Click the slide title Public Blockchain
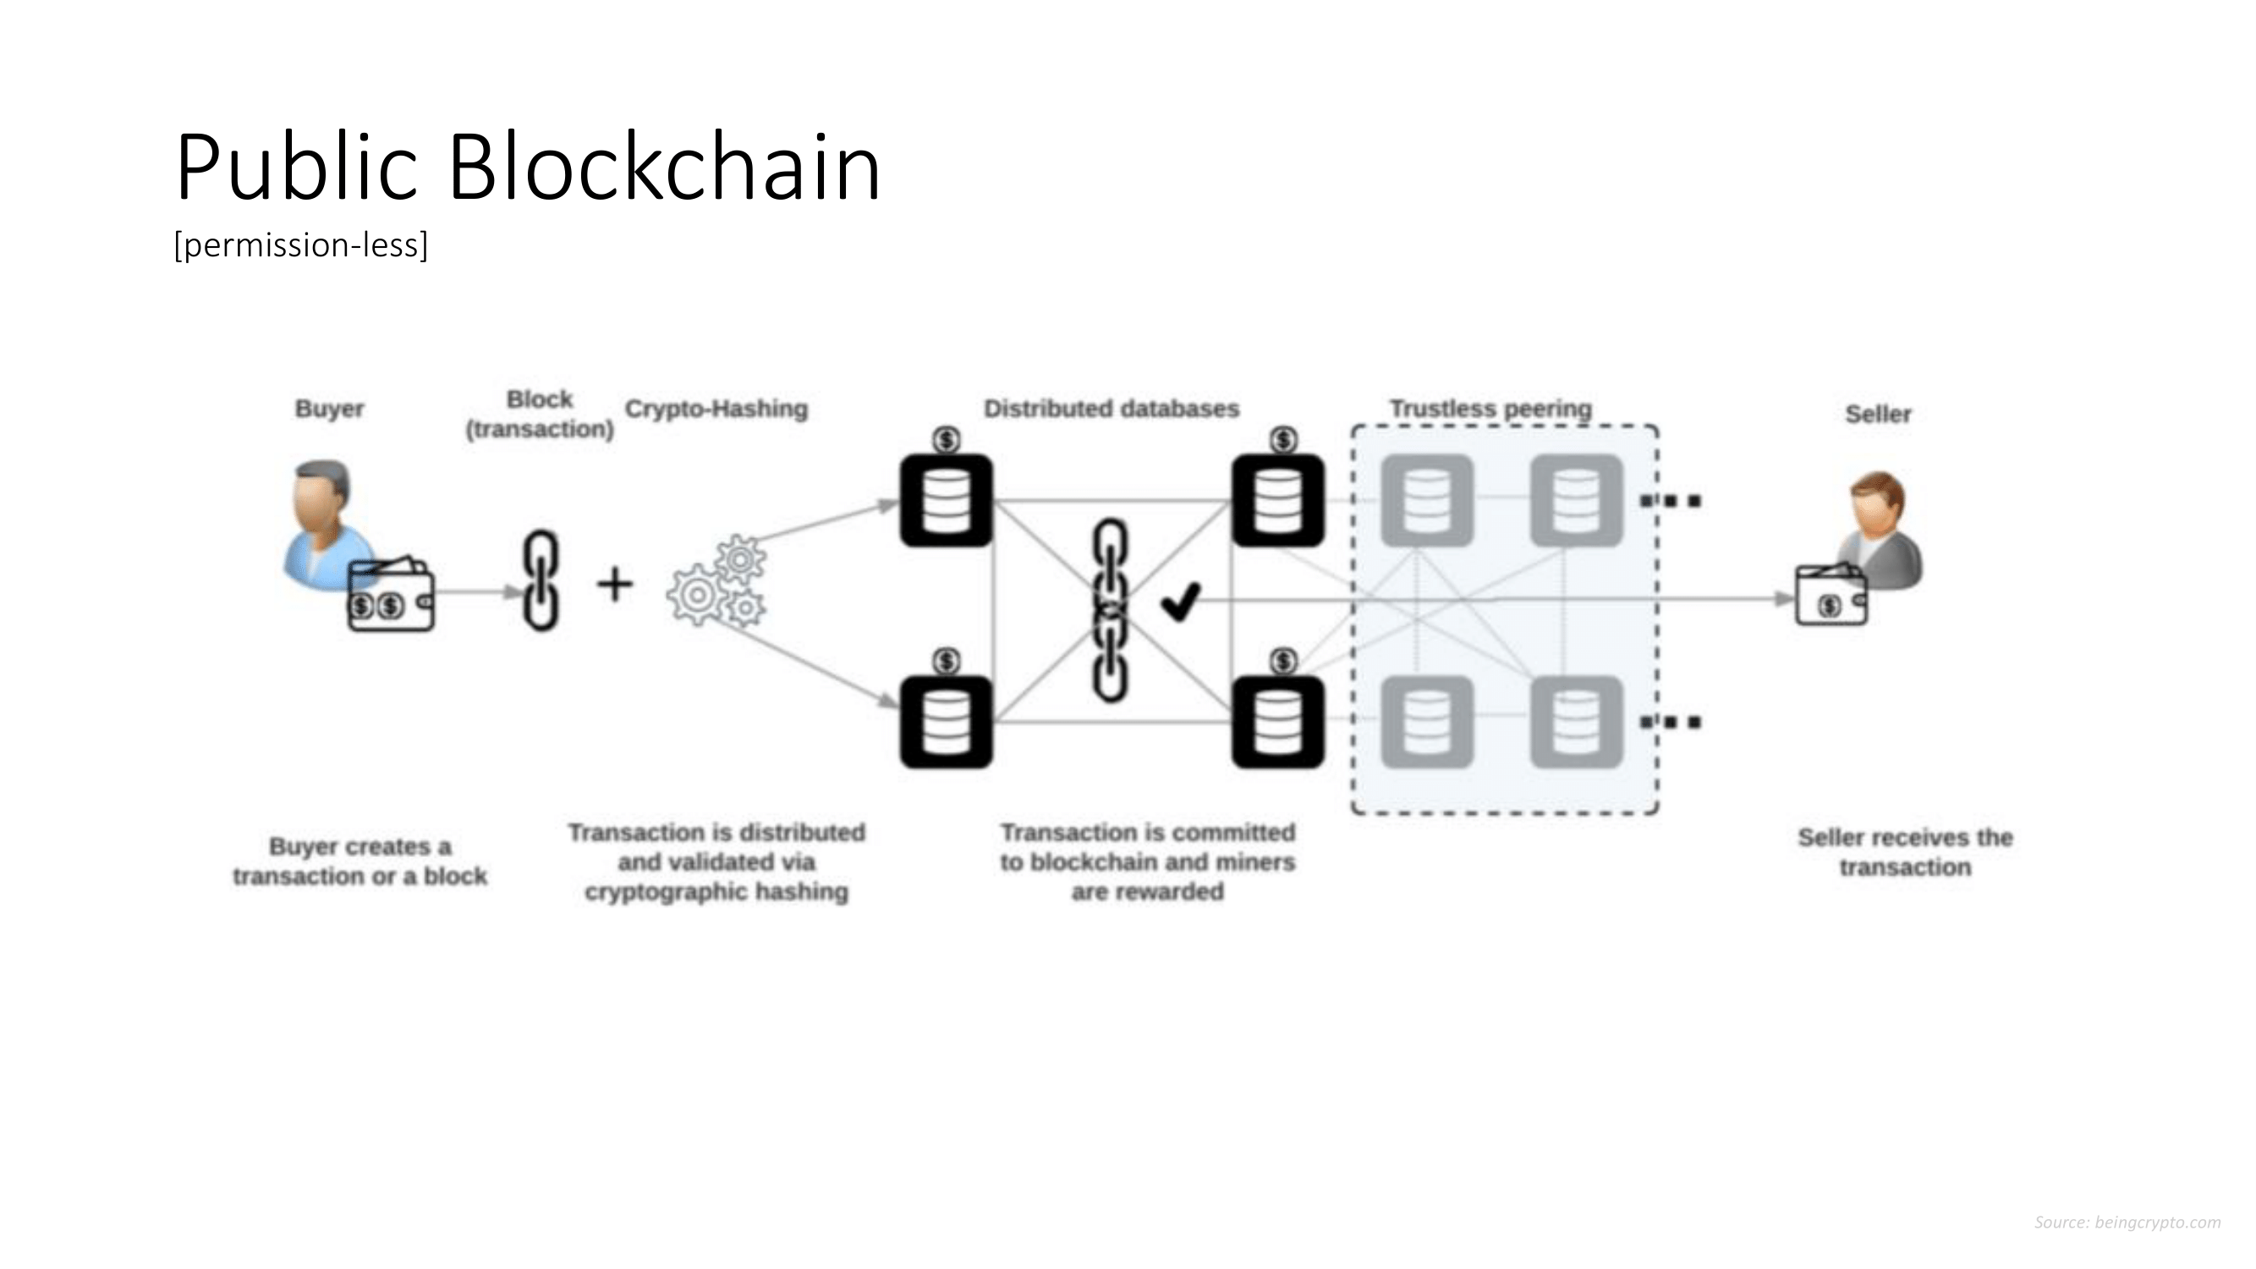pos(527,167)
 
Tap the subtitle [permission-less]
pos(301,245)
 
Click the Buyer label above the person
pos(329,409)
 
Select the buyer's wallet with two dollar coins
pos(391,597)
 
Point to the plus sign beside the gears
pos(615,584)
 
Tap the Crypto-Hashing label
pos(716,409)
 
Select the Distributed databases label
pos(1112,409)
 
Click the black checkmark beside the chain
pos(1180,602)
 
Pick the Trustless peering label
pos(1490,409)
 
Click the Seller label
pos(1878,415)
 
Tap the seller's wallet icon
pos(1831,596)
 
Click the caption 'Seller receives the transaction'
pos(1906,852)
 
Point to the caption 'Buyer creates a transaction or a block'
pos(360,862)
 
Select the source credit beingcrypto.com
pos(2127,1222)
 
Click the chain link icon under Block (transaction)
pos(541,580)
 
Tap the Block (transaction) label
pos(540,415)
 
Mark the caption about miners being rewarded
pos(1147,862)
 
